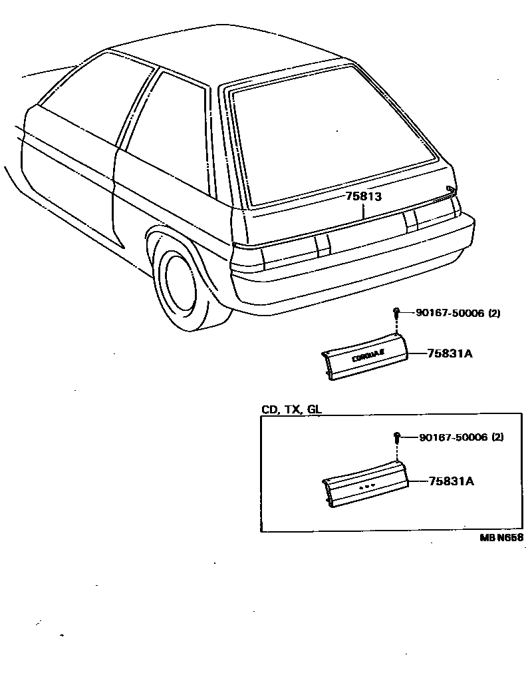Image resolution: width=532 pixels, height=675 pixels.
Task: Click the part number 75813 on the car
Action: tap(363, 196)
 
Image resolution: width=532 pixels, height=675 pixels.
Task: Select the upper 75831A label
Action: tap(450, 353)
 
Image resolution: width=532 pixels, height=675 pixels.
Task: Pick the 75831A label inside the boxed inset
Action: tap(451, 481)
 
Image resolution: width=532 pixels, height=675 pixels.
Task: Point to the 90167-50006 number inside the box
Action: tap(453, 437)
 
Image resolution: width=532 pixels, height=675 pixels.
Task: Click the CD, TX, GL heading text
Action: tap(291, 409)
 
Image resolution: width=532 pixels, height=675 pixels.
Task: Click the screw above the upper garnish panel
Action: tap(396, 313)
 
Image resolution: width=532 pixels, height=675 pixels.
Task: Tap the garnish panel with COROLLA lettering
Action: tap(365, 359)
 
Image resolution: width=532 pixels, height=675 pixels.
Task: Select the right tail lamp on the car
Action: tap(432, 212)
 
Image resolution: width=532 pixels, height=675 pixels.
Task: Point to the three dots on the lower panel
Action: tap(366, 487)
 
